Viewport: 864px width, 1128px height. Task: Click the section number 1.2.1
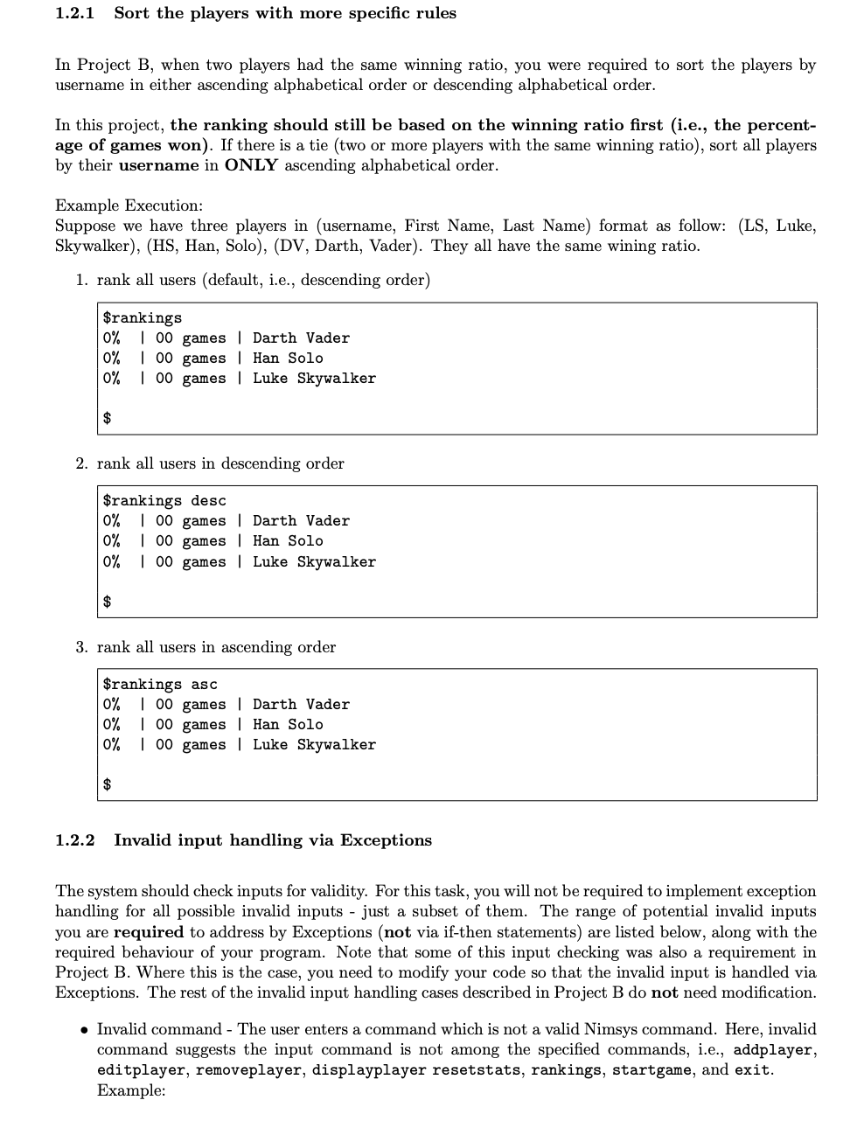coord(75,13)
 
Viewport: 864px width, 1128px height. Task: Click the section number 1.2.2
coord(75,840)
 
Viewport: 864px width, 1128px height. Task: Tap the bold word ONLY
coord(250,165)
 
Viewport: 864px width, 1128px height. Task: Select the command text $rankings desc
coord(164,500)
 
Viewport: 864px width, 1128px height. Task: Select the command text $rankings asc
coord(160,684)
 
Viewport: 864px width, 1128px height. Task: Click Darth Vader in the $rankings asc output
coord(301,704)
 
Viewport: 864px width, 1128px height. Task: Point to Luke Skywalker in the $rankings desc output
coord(314,561)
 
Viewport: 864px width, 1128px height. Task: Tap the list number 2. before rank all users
coord(81,463)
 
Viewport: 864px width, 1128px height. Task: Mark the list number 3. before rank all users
coord(81,647)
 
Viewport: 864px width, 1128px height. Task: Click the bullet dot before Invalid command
coord(84,1030)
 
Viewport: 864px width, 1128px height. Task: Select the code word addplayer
coord(773,1049)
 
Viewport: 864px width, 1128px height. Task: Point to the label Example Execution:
coord(129,205)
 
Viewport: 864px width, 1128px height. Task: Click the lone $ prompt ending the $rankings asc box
coord(108,784)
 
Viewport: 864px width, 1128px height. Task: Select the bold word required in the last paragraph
coord(149,932)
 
